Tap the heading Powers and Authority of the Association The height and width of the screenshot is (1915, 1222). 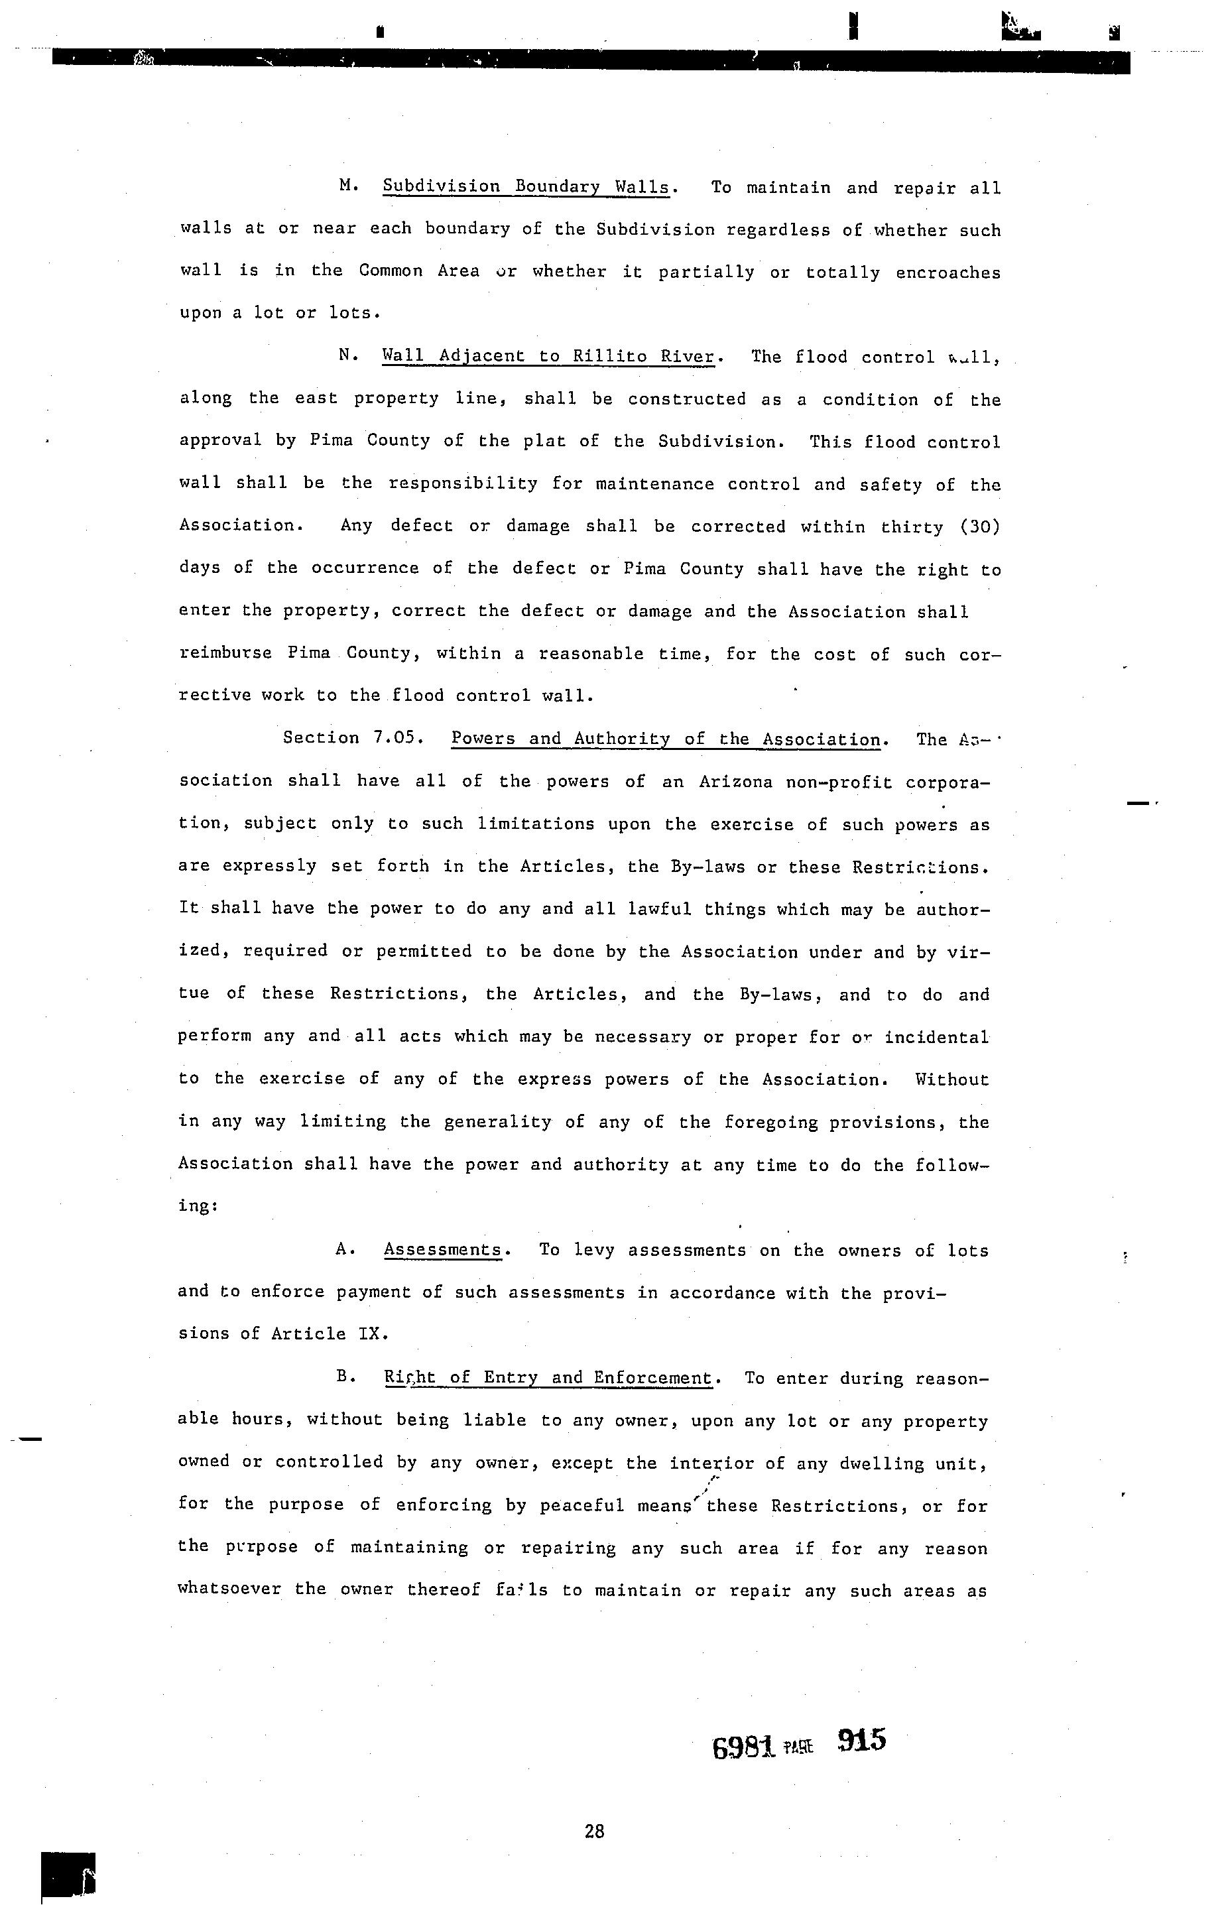coord(666,739)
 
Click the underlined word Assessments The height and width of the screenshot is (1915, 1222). coord(443,1249)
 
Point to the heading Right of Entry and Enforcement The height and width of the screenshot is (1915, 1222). coord(548,1377)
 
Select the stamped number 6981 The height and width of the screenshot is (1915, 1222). coord(743,1747)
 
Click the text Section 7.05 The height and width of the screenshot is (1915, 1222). coord(351,738)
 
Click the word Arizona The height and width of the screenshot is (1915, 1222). coord(735,781)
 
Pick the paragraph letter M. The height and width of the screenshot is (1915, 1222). coord(346,186)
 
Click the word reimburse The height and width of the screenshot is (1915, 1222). coord(223,653)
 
